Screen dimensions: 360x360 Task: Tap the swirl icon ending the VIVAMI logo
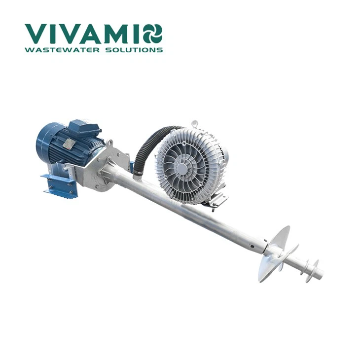[x=152, y=33]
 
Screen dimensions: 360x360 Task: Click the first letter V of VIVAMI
[x=35, y=33]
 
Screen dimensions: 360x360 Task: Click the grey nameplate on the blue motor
[x=69, y=144]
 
